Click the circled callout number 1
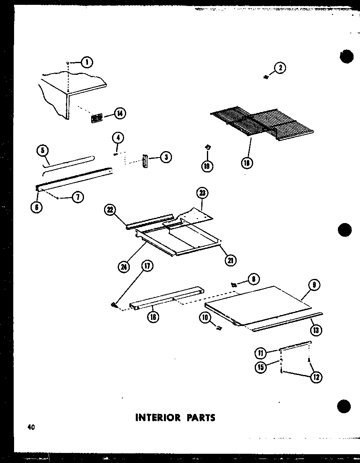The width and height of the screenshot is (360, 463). [86, 62]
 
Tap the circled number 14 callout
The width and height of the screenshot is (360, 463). [119, 114]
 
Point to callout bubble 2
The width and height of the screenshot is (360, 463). [280, 68]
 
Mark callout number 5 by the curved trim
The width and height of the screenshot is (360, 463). [43, 151]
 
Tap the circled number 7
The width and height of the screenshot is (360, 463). [78, 197]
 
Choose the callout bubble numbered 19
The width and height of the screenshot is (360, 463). [207, 166]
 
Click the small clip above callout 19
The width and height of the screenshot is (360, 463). [208, 148]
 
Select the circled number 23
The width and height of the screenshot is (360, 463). [202, 193]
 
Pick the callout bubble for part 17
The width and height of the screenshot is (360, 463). [148, 266]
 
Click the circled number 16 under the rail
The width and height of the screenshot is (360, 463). [153, 317]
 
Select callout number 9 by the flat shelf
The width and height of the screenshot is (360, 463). [314, 285]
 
